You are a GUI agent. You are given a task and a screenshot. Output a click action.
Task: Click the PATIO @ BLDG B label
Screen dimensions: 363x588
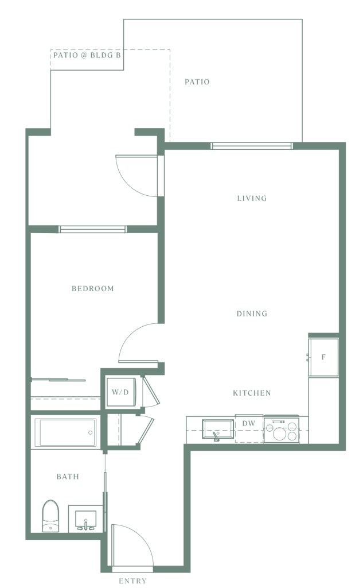(87, 56)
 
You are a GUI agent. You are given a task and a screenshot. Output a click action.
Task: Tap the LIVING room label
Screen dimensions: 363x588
(252, 198)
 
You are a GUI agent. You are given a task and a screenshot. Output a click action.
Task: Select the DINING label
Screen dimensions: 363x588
(252, 314)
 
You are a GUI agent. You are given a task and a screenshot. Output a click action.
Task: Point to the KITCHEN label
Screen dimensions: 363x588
(252, 393)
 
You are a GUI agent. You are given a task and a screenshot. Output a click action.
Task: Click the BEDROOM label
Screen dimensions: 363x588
(92, 288)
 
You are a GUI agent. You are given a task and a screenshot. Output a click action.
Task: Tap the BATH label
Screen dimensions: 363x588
(68, 477)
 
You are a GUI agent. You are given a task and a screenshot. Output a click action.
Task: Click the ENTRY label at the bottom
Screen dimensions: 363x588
(132, 581)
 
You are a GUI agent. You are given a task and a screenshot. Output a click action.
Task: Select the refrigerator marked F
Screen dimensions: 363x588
(323, 357)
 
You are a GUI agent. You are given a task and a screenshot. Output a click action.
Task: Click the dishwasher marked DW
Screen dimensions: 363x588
(249, 429)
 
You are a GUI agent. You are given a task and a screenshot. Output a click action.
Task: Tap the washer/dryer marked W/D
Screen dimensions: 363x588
(120, 393)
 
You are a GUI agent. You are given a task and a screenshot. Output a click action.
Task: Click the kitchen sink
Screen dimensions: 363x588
(218, 429)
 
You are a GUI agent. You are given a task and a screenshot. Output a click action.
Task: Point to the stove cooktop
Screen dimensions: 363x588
(282, 430)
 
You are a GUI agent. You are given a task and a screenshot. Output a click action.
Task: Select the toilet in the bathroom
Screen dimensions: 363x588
(51, 516)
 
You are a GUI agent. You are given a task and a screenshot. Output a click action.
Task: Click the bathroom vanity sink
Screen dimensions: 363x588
(86, 519)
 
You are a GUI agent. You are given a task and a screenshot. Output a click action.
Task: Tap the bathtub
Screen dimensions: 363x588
(65, 432)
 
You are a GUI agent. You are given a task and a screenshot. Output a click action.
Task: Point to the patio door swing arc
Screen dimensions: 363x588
(130, 183)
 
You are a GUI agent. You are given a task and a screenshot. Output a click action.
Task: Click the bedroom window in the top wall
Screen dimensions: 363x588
(92, 229)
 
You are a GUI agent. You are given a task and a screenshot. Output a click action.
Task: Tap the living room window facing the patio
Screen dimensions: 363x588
(252, 146)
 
